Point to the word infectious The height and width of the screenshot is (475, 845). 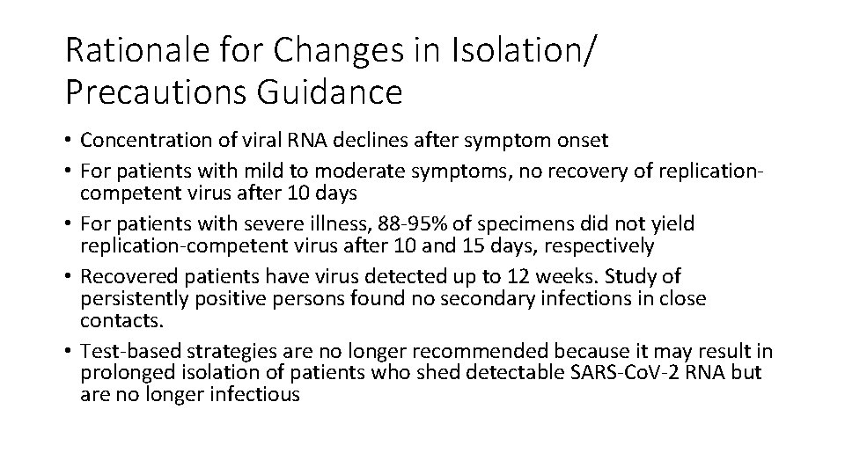coord(255,394)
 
